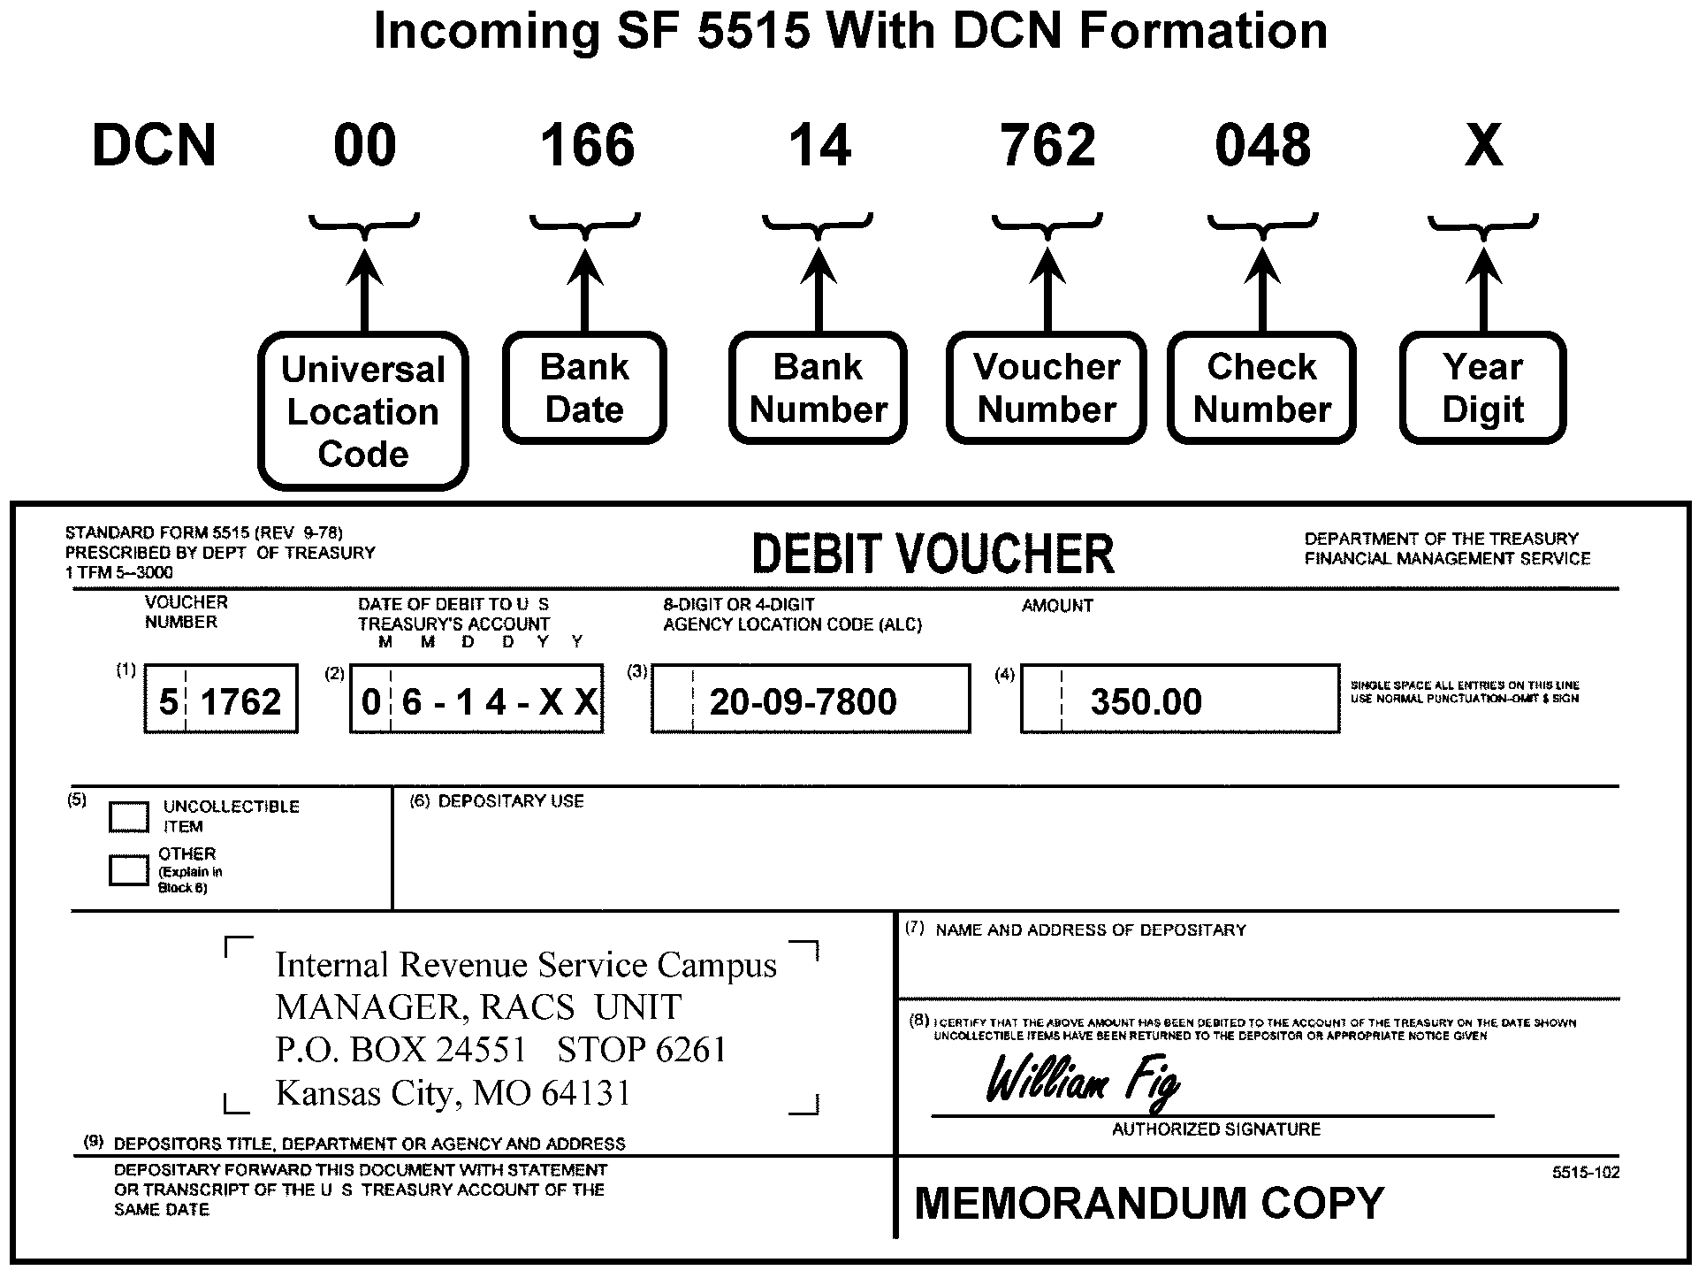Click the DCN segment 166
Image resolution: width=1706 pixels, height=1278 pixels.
(x=587, y=146)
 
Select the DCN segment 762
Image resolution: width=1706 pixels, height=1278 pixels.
(x=1047, y=146)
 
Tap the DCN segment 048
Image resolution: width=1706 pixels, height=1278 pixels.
(x=1262, y=146)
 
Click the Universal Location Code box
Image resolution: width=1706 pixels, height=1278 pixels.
(x=363, y=411)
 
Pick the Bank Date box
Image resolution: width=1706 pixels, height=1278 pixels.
(x=584, y=388)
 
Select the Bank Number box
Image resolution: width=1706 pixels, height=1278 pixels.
(x=818, y=388)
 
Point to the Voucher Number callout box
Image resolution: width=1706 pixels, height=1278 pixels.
(x=1047, y=388)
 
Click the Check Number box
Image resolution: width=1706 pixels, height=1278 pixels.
(x=1261, y=388)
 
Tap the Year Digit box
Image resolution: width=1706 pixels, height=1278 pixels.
(x=1482, y=388)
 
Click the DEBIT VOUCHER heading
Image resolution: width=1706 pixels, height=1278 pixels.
(x=933, y=555)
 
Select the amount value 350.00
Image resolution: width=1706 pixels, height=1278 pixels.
(x=1146, y=702)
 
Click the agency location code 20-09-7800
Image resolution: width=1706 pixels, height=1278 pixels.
(x=803, y=702)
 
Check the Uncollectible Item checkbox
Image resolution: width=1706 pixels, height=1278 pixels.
(x=128, y=816)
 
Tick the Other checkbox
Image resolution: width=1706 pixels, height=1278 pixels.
(x=128, y=869)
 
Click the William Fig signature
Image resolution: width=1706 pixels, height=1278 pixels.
(x=1082, y=1080)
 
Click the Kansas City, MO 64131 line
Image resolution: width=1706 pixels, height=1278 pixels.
(x=453, y=1093)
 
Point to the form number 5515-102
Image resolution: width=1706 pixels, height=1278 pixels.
(x=1586, y=1173)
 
